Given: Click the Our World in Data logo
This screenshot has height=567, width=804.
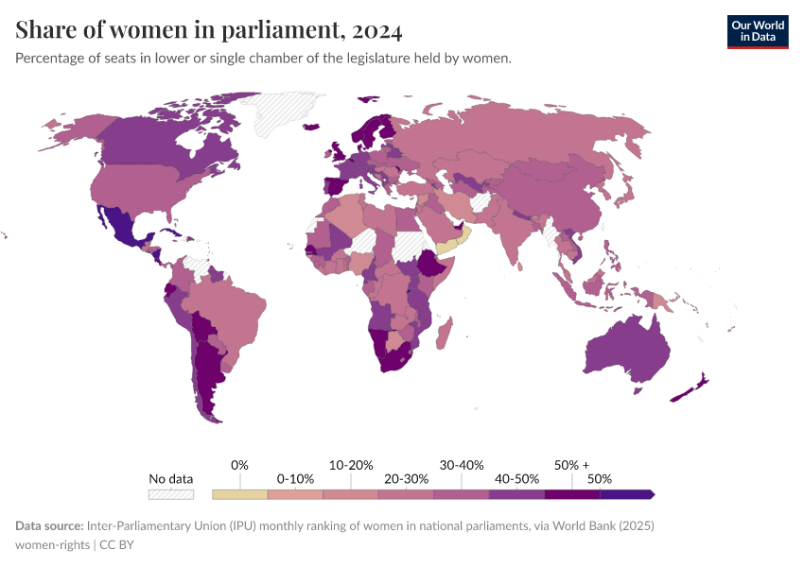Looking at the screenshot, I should point(757,31).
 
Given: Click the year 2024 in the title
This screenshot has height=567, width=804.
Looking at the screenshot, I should point(376,31).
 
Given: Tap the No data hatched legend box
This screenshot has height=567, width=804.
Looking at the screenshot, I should point(171,493).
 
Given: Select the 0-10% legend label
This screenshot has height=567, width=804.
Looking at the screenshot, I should point(295,479).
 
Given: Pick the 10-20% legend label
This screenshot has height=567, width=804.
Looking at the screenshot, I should point(351,465).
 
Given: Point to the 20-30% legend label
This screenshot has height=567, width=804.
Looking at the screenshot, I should point(406,479).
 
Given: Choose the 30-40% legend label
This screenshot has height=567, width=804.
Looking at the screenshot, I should point(462,465).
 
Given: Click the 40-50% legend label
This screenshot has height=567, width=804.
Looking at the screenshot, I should point(516,479).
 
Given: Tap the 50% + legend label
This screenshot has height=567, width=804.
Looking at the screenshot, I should point(571,465).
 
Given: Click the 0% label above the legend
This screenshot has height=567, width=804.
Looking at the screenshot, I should point(239,465).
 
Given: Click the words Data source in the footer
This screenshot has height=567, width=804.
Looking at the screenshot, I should point(49,524).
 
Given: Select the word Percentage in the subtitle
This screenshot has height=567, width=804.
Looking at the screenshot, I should point(53,59).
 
